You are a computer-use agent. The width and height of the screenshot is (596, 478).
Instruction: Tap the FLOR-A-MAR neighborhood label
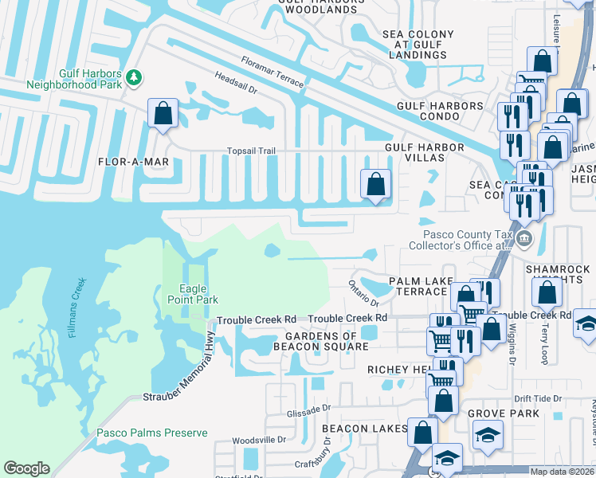133,162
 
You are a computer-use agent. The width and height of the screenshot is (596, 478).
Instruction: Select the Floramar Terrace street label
272,71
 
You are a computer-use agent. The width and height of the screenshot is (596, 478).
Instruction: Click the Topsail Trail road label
251,151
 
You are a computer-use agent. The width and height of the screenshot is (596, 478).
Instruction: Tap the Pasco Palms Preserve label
152,433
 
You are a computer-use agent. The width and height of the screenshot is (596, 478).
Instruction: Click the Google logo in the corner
26,468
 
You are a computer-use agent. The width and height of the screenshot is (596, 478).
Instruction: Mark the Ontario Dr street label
363,292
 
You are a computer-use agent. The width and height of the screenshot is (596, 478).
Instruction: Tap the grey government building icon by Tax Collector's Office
523,238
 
